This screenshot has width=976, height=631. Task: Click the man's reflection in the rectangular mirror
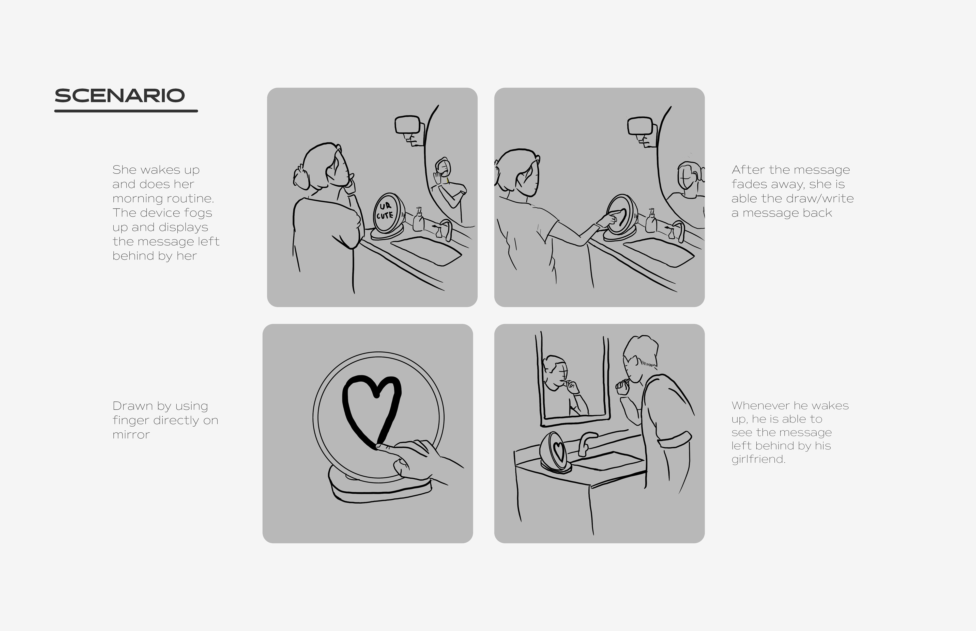pos(564,385)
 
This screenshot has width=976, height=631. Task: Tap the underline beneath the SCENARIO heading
pos(126,111)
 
